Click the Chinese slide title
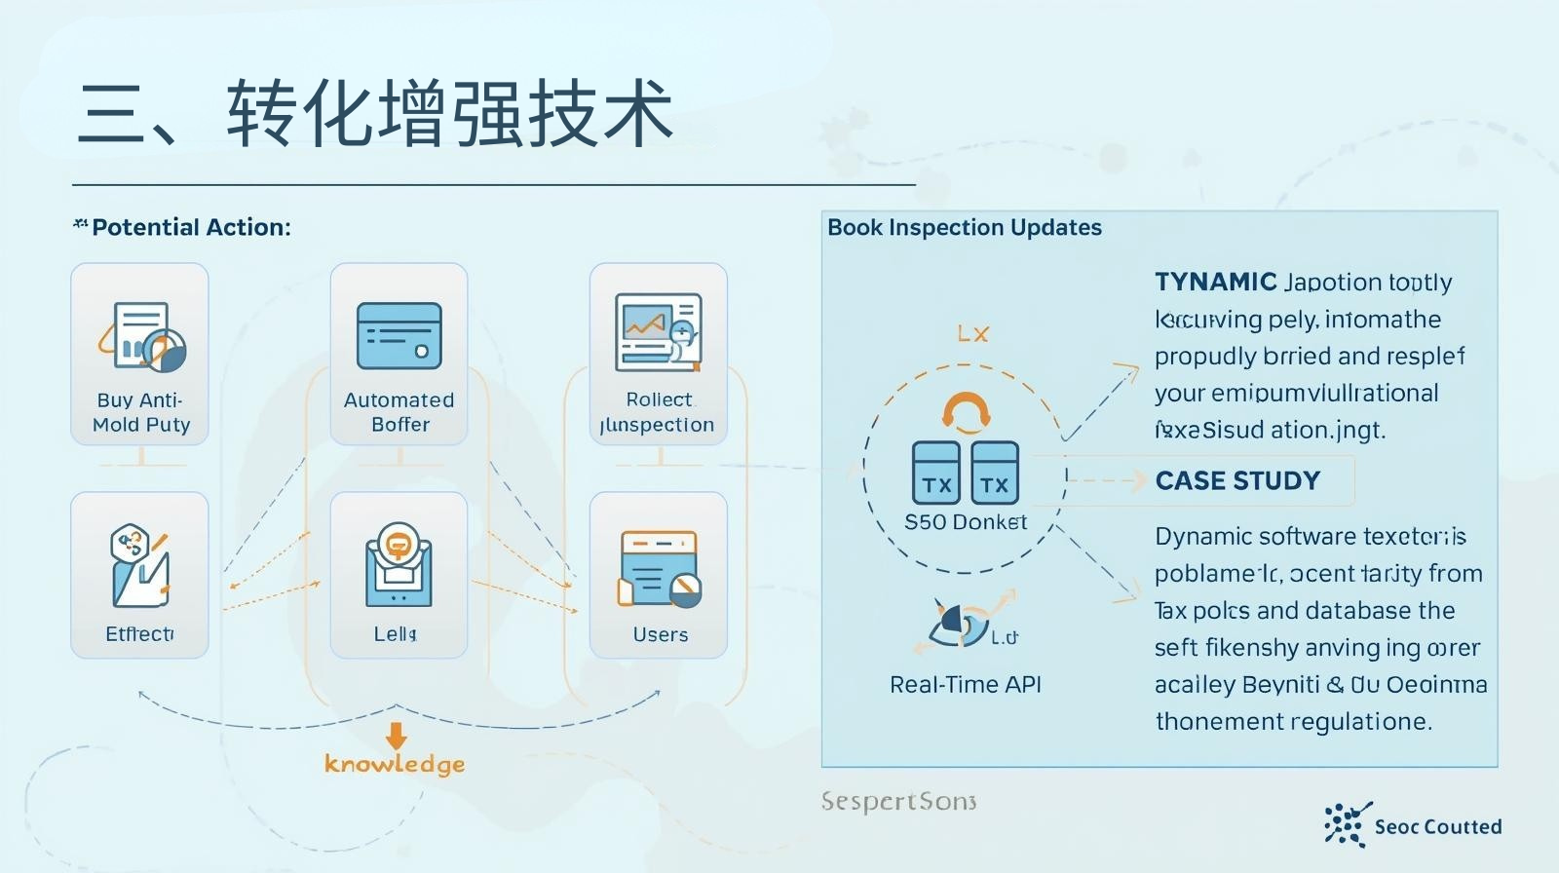(375, 114)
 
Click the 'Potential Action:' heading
(191, 228)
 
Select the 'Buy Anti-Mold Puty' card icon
(142, 336)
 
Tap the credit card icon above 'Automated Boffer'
(399, 336)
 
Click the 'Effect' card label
(139, 634)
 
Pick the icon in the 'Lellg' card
(398, 564)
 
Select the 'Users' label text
(661, 635)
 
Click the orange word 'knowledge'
(395, 764)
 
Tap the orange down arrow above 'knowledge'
(396, 735)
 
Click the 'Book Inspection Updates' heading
(965, 228)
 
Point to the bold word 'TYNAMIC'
(1215, 283)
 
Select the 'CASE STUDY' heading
(1237, 481)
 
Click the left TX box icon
(936, 473)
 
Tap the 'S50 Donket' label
(966, 522)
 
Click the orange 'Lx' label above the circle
(972, 334)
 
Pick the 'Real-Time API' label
(966, 685)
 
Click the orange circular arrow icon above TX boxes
(966, 411)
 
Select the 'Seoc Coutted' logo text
(1437, 827)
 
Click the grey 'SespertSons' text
(898, 802)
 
